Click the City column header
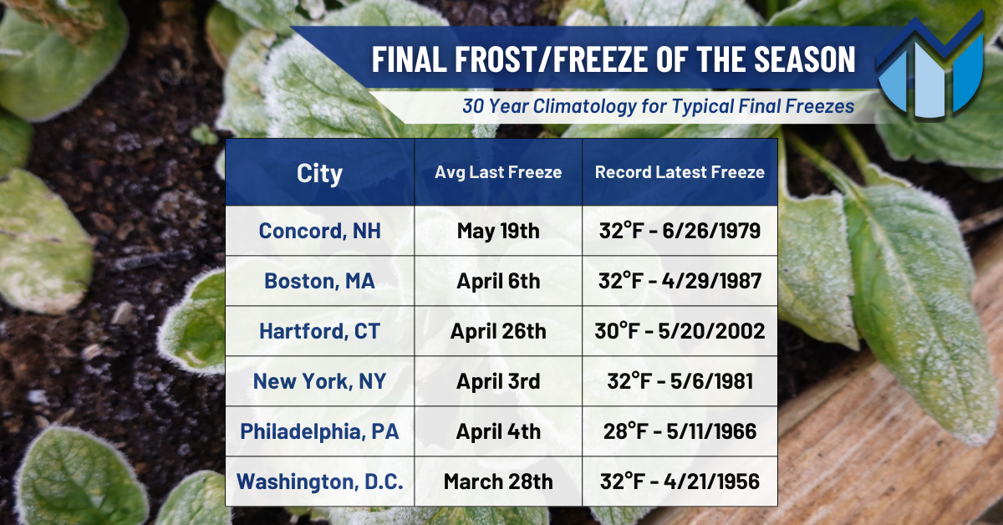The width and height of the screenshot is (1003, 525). [319, 173]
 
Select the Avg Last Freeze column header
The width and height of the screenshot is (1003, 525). [498, 172]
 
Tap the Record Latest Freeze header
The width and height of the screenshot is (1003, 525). [680, 172]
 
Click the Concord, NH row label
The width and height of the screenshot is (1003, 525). [319, 231]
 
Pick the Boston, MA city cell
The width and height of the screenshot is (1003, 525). [319, 282]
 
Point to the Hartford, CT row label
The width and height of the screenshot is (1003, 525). [319, 332]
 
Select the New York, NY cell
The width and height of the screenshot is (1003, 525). [319, 382]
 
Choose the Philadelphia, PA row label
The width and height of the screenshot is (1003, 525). [319, 432]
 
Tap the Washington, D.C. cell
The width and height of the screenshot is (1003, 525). [319, 482]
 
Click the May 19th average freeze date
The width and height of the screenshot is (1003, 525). [498, 231]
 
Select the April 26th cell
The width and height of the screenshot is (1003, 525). [498, 332]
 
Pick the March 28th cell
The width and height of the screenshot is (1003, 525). [498, 482]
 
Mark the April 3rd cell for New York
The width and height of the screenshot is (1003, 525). [498, 382]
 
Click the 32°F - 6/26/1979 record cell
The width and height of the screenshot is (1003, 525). [680, 231]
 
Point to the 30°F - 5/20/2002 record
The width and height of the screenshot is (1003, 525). [680, 332]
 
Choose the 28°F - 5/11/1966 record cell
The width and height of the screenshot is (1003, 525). [680, 432]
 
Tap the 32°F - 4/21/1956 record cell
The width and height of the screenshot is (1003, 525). [680, 482]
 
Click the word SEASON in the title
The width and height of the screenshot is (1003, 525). [805, 59]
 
